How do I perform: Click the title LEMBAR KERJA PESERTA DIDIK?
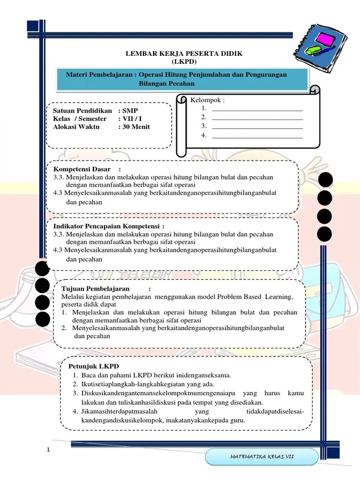tap(184, 54)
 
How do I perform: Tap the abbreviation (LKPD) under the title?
tap(185, 62)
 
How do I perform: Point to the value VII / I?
tap(132, 119)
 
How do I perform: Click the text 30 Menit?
tap(136, 127)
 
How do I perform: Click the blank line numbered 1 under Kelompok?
tap(257, 109)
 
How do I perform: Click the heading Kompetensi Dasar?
tap(82, 169)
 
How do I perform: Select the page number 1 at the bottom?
tap(48, 451)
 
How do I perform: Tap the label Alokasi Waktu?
tap(76, 127)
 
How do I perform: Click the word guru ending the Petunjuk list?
tap(237, 420)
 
